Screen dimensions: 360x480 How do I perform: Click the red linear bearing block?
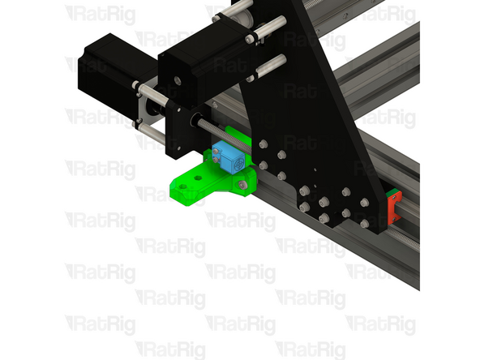pos(394,208)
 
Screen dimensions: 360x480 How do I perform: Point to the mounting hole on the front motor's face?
pos(173,82)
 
